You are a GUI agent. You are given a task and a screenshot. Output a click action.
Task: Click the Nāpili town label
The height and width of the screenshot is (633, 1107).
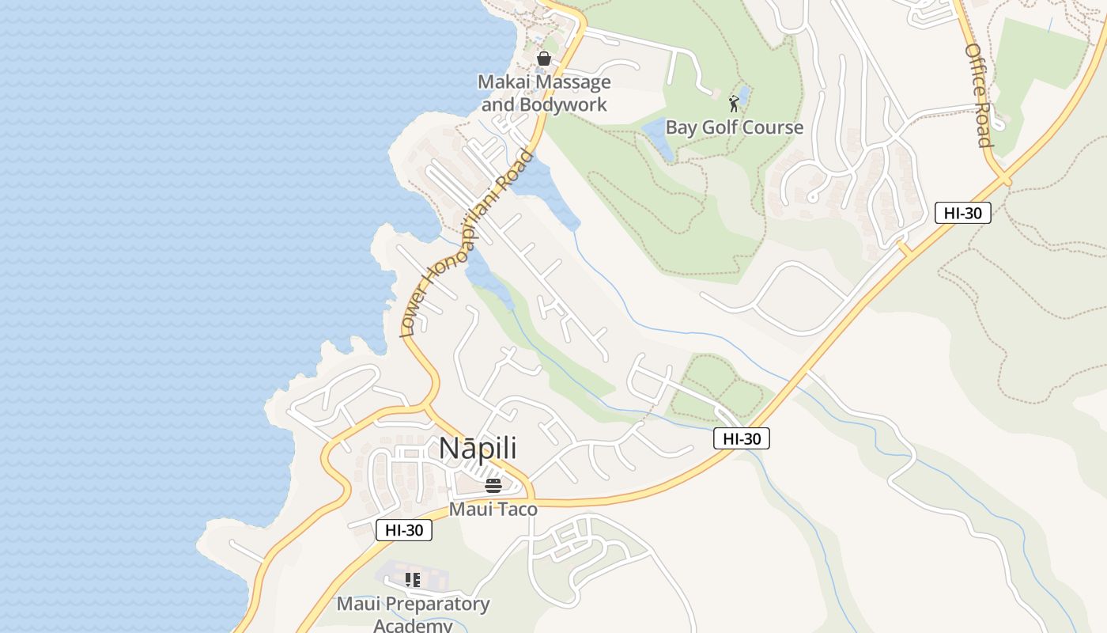478,448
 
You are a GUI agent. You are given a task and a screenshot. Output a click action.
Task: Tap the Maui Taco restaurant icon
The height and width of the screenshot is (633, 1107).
493,485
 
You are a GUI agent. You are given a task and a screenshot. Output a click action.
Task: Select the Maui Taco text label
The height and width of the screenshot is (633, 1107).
493,509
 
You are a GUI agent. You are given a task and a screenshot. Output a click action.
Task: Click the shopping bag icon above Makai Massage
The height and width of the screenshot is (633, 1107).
544,59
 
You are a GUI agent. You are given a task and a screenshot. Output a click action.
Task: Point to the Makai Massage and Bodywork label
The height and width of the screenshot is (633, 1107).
545,93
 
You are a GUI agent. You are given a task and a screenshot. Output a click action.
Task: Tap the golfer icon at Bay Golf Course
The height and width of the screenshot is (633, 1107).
735,103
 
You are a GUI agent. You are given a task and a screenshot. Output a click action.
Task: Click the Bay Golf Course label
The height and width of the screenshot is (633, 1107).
734,127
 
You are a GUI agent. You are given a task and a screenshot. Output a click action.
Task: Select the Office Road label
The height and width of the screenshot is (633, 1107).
978,95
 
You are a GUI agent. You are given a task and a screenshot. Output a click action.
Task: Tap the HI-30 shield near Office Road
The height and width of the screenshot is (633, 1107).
962,212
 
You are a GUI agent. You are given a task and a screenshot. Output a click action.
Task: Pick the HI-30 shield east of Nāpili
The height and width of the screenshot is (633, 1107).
741,438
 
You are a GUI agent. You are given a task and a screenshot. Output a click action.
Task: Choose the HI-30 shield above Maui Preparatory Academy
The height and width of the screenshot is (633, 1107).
403,530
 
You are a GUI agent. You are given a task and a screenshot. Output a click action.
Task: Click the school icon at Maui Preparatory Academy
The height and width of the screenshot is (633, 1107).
412,580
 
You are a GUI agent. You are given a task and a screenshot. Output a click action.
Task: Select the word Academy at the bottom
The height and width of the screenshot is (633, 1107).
413,626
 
